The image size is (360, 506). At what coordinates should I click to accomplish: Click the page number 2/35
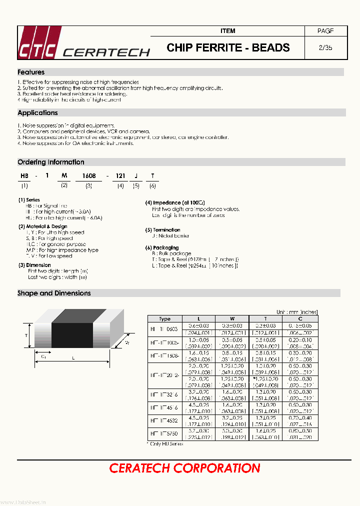tap(325, 48)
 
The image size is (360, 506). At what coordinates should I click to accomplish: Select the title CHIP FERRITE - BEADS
tap(228, 48)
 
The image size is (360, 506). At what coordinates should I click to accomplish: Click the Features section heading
tap(31, 72)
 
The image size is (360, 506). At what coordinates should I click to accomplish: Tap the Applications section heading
tap(37, 113)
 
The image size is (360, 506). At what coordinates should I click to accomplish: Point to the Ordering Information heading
tap(50, 162)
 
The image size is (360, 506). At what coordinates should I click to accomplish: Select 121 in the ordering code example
tap(120, 176)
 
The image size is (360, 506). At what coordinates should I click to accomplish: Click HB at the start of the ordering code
tap(24, 176)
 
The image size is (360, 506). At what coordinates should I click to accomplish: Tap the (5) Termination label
tap(162, 230)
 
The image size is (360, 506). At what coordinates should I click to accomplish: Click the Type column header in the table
tap(164, 318)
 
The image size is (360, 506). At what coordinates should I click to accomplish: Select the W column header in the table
tap(232, 318)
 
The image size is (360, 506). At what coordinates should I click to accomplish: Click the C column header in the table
tap(299, 318)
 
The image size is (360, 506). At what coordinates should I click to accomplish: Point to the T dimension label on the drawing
tap(26, 336)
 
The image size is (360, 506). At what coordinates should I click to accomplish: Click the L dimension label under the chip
tap(73, 358)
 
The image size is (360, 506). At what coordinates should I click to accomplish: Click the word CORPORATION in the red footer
tap(216, 468)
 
